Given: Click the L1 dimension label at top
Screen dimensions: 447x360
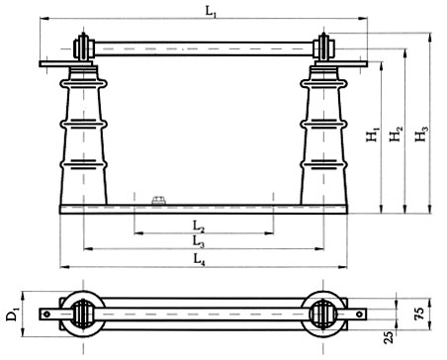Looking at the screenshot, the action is point(212,11).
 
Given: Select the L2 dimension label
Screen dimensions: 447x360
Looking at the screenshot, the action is point(199,226).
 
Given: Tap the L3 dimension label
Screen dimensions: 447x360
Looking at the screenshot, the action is point(199,242).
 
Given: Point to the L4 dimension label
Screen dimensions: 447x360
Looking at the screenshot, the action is point(199,259).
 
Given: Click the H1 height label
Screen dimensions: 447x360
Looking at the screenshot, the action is point(374,135).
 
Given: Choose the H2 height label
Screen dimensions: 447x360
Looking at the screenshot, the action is point(396,134).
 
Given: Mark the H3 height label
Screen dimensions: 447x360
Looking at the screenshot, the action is point(421,134).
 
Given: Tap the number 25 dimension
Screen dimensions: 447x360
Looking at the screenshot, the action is point(389,337).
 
